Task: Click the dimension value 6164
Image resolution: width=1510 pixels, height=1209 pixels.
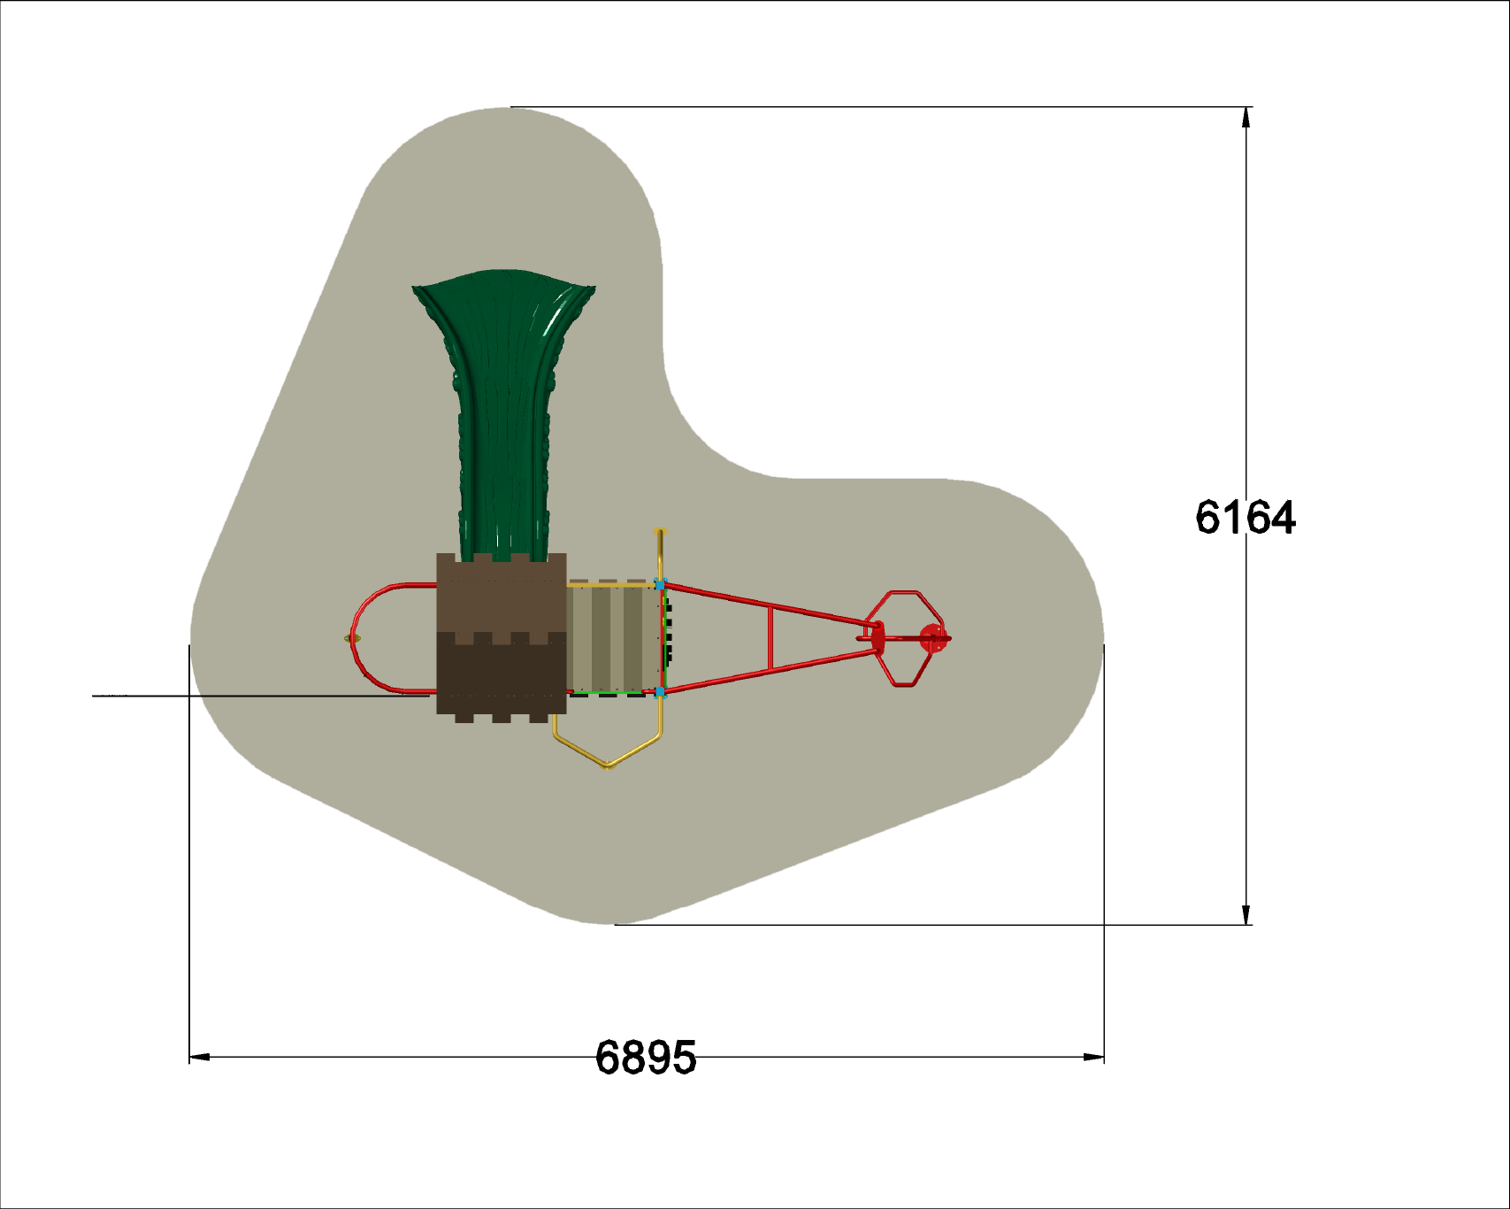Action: click(x=1246, y=518)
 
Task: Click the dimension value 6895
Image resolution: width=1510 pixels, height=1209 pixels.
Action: click(x=646, y=1058)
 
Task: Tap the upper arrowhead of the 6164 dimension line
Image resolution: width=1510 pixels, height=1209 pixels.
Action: click(x=1246, y=117)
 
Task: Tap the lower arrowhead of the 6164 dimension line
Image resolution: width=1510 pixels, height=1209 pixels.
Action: click(x=1246, y=915)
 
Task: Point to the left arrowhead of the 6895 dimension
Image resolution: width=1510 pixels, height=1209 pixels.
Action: click(x=200, y=1057)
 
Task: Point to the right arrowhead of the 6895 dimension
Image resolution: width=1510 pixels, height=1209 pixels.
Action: click(x=1093, y=1057)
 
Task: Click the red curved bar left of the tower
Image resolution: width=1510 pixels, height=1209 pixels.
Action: click(x=355, y=637)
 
